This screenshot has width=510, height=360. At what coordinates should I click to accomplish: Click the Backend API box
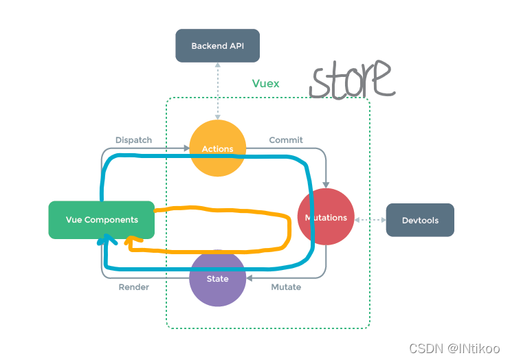click(217, 46)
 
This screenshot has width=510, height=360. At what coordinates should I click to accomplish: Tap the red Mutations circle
click(326, 217)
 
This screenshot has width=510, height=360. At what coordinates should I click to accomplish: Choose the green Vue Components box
click(101, 220)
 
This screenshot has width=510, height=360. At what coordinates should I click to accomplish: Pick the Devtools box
click(419, 221)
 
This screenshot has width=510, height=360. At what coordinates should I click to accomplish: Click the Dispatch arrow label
click(133, 140)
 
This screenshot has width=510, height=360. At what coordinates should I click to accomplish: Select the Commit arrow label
click(286, 140)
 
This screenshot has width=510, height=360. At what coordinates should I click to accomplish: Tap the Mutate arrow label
click(286, 287)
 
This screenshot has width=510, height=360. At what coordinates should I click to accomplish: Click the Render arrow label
click(133, 287)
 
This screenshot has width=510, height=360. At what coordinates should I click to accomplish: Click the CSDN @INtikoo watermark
click(454, 349)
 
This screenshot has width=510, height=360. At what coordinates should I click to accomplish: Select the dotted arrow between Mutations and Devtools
click(370, 220)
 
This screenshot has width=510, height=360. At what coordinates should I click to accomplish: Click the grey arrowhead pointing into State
click(249, 278)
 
